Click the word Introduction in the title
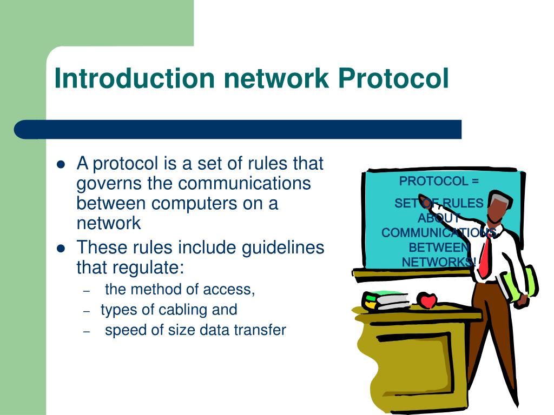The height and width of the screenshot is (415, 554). pos(135,79)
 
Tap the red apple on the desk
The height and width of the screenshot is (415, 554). pos(427,300)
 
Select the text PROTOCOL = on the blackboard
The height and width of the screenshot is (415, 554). pos(439,181)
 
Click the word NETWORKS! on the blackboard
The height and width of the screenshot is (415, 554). pos(439,262)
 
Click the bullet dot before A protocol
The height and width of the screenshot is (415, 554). pos(61,164)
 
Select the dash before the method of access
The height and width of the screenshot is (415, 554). pos(87,291)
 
